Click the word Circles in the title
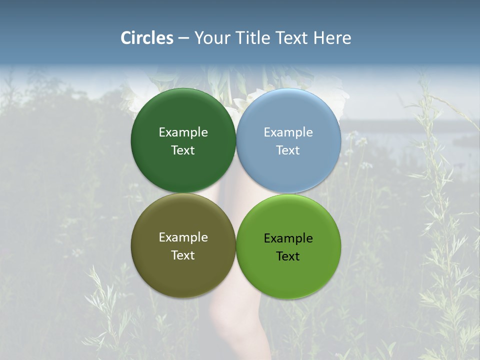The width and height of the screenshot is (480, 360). [146, 38]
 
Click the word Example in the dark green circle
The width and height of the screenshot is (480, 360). [183, 132]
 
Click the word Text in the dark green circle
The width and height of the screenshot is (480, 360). [183, 150]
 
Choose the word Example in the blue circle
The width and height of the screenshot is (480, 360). [288, 132]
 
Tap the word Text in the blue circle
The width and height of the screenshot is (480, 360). [288, 150]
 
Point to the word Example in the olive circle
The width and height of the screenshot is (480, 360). [183, 237]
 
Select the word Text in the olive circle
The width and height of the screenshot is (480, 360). [183, 255]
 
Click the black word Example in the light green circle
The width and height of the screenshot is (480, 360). [288, 238]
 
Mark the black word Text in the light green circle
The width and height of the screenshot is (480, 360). [288, 256]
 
